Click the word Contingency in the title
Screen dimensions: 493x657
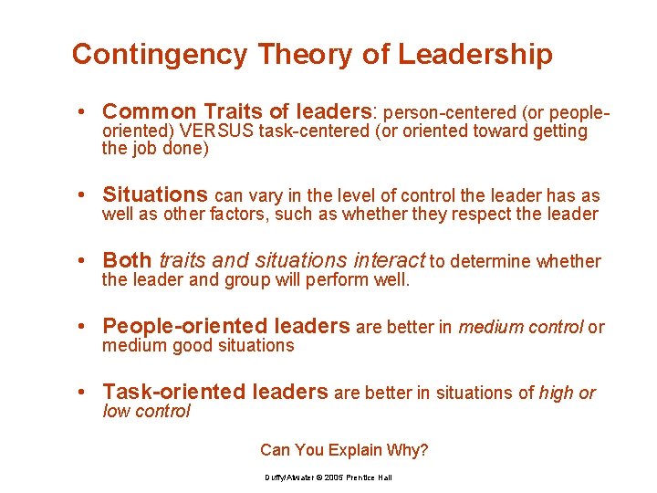[x=159, y=55]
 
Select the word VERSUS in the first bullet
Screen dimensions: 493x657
[x=217, y=131]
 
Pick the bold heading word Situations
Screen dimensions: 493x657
[x=155, y=194]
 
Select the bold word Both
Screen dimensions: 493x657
[x=128, y=261]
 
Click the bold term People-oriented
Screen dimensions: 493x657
[x=180, y=326]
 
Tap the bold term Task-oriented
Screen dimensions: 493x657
[x=169, y=392]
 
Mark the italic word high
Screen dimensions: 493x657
[x=556, y=393]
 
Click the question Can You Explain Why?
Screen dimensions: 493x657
[x=344, y=450]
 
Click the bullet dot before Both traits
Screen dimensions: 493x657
[x=82, y=261]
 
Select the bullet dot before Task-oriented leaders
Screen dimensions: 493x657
[x=82, y=393]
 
